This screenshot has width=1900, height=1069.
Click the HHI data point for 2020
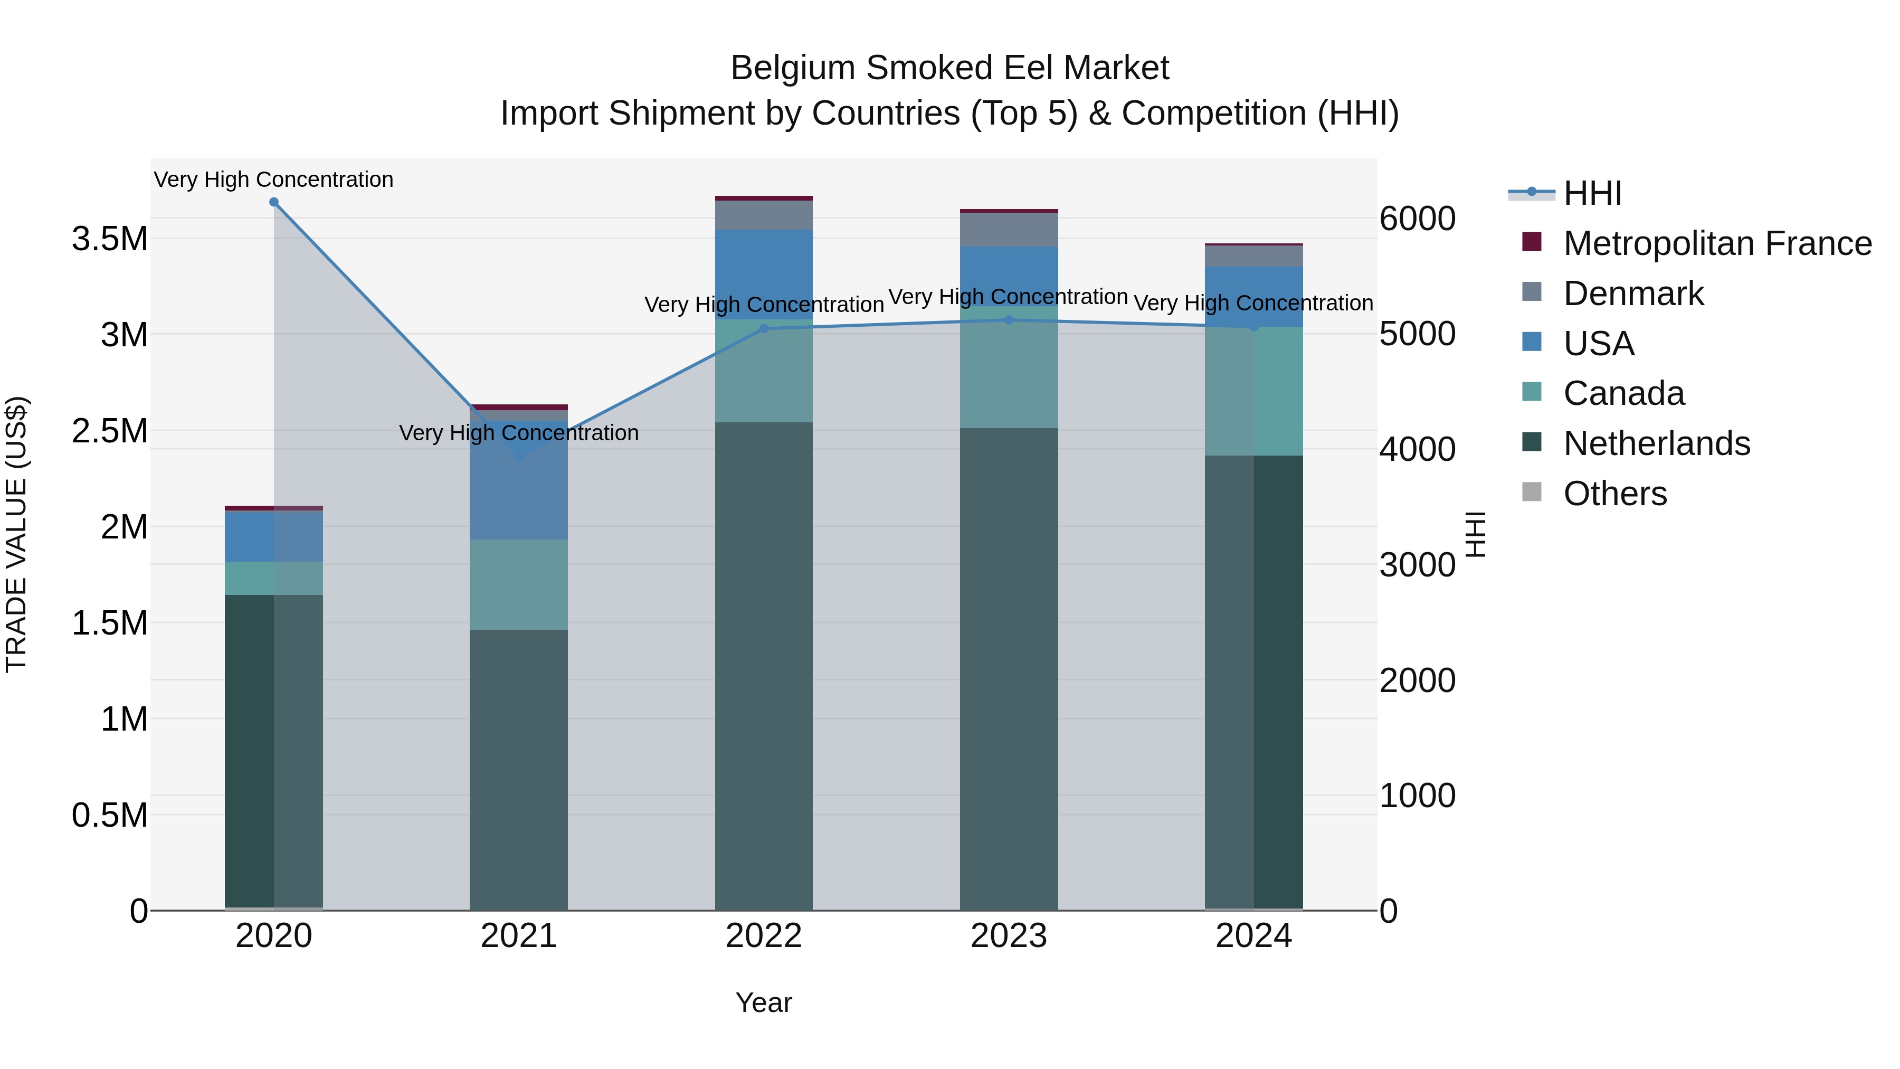click(x=273, y=202)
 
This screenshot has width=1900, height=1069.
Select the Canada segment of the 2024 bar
click(x=1254, y=391)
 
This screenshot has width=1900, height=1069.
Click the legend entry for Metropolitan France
click(x=1717, y=243)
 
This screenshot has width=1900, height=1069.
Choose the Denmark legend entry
click(x=1633, y=294)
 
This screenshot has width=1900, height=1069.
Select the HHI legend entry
click(x=1592, y=193)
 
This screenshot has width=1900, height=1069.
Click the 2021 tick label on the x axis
click(x=518, y=936)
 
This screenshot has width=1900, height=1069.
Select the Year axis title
click(x=763, y=1002)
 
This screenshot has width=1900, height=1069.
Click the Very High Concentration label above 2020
click(x=273, y=180)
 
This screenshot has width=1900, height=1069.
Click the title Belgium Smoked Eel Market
click(x=949, y=68)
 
